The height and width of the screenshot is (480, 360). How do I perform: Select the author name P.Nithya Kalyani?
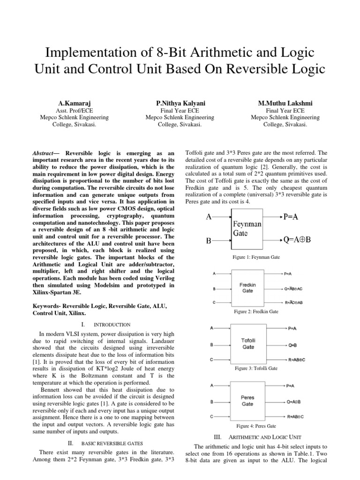point(180,103)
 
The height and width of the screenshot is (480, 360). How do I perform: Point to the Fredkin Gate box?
point(247,287)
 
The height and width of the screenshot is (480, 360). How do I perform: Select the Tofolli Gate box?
point(248,344)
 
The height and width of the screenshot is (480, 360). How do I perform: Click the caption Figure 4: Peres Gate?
point(256,426)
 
